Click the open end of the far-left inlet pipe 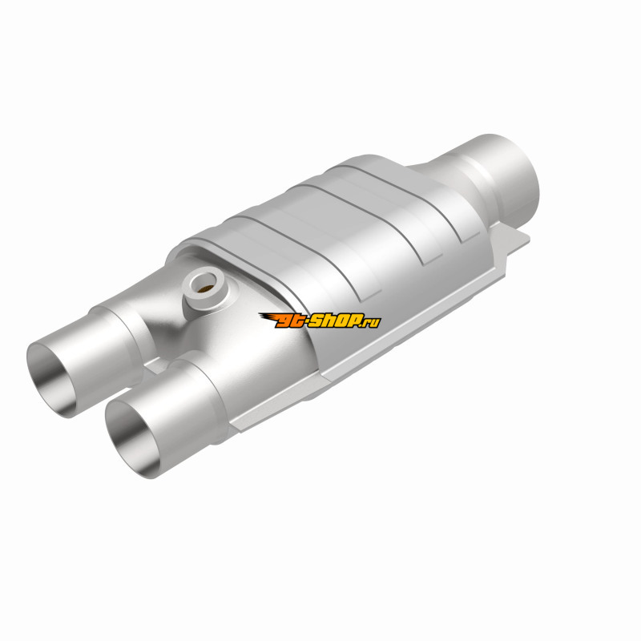52,380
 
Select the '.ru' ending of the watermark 371,322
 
